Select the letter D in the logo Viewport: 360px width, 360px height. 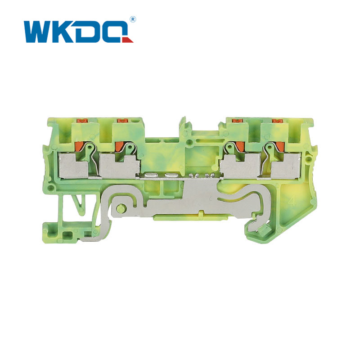coord(88,32)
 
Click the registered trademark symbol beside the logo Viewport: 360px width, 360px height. coord(133,19)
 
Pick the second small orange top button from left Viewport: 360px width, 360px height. coord(122,120)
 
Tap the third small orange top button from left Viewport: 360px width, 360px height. coord(237,120)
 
